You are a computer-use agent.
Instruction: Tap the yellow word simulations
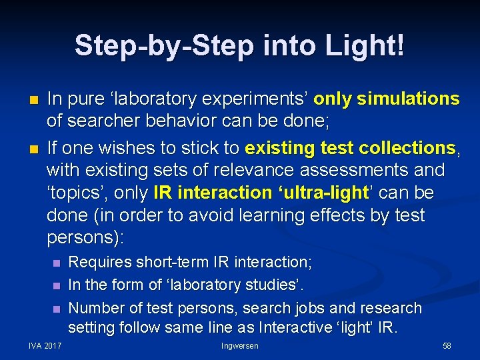pos(408,99)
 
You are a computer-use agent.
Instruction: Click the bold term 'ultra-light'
pos(323,193)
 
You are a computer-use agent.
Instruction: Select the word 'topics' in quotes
pos(74,193)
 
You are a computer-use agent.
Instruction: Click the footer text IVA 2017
pos(44,346)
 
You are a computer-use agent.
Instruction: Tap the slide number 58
pos(446,346)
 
